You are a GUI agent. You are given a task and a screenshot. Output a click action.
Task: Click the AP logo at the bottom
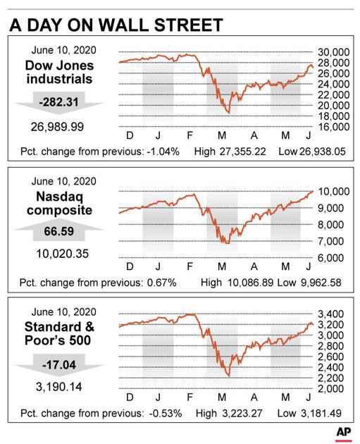344,433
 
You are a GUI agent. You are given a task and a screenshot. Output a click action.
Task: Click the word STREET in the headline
189,25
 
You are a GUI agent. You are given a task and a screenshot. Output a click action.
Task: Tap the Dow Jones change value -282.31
58,102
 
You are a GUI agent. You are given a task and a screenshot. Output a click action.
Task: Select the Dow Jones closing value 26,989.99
57,127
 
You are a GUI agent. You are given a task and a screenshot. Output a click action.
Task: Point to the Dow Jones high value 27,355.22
243,152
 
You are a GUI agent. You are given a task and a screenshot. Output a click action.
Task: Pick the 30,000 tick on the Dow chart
333,52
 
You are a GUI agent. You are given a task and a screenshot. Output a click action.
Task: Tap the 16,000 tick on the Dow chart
333,127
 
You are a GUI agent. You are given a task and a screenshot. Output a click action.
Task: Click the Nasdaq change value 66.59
59,231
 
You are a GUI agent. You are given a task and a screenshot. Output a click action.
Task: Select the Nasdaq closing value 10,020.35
62,254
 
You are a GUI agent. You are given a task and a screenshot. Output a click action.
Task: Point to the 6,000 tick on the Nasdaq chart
330,258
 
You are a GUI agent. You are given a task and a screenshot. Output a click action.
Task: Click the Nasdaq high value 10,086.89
251,283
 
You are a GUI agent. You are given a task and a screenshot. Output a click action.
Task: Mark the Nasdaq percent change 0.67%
161,283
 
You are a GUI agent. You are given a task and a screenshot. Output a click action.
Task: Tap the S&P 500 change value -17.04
59,365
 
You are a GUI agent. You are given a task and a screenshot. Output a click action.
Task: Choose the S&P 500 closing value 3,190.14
59,387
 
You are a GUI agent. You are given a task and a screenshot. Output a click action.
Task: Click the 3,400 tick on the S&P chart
330,314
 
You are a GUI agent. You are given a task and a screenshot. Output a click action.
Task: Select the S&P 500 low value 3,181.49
321,414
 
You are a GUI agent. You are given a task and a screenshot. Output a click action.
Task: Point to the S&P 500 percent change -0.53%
166,414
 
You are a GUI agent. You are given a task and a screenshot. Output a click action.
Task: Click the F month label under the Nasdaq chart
190,266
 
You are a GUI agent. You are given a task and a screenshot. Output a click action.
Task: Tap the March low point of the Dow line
229,113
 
